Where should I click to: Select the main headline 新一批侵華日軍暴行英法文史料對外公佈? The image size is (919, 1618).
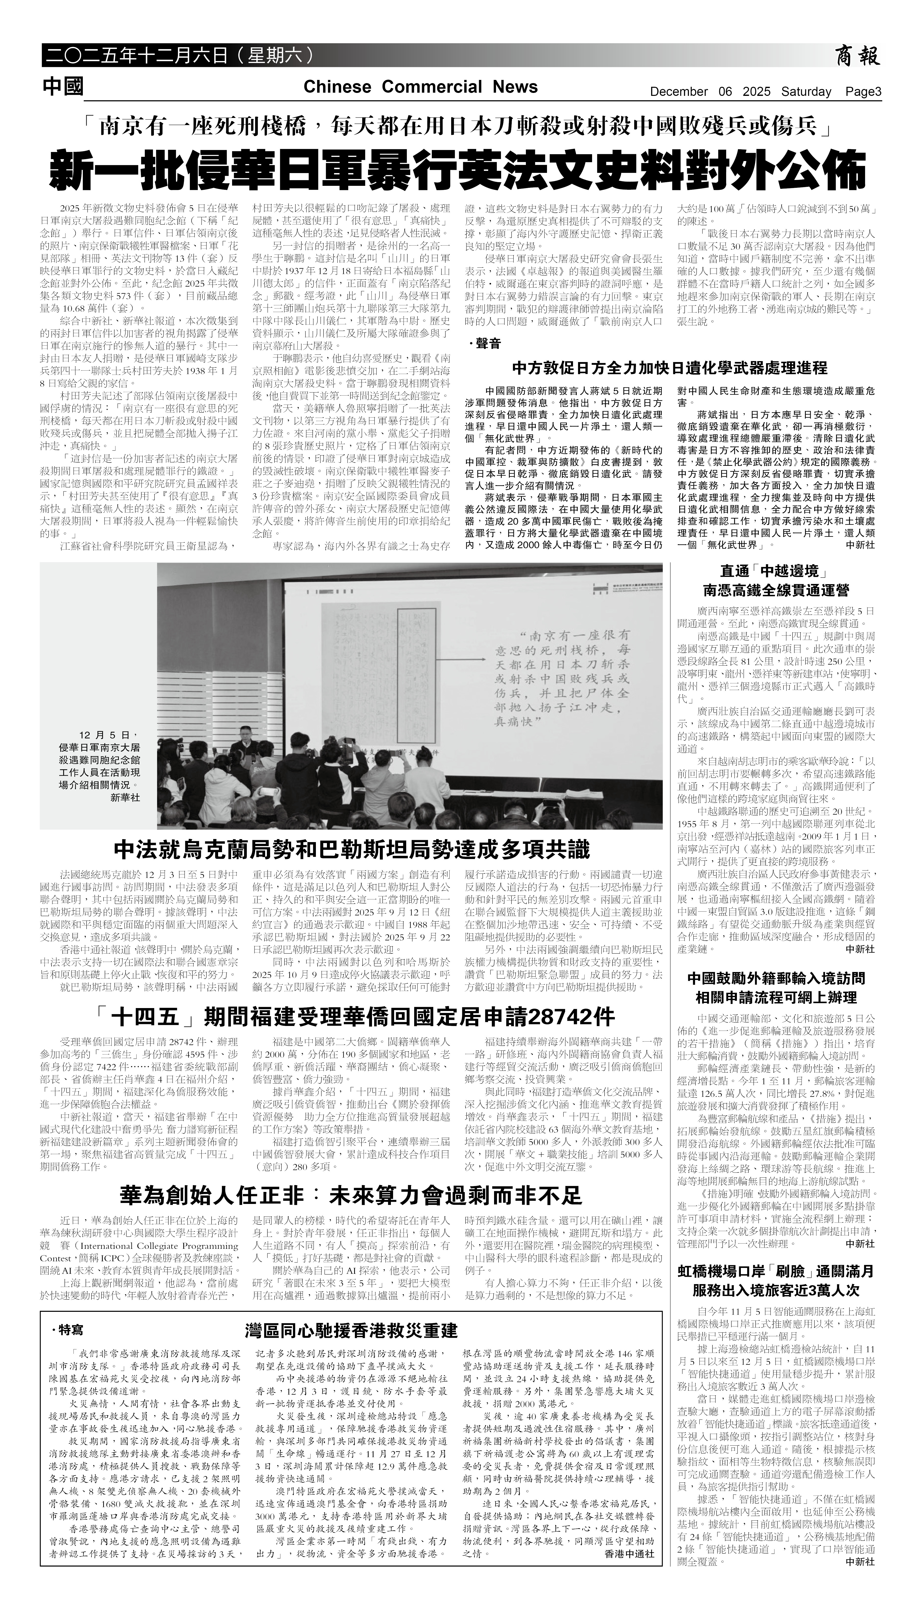pyautogui.click(x=459, y=169)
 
